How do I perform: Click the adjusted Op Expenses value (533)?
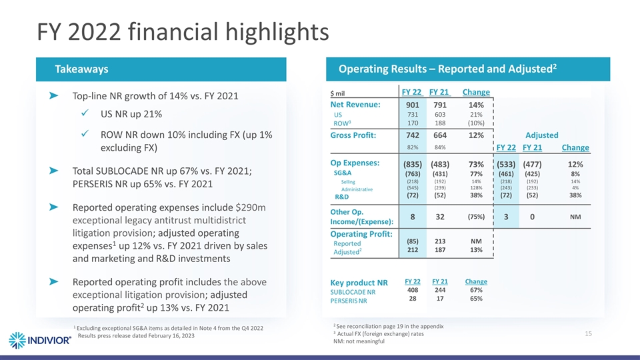pos(505,164)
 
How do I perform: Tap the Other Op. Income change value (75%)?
pos(476,217)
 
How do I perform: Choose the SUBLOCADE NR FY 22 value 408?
pos(413,289)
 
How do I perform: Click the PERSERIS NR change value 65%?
pos(476,299)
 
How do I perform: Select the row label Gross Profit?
pos(355,135)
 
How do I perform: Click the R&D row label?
pos(342,197)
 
